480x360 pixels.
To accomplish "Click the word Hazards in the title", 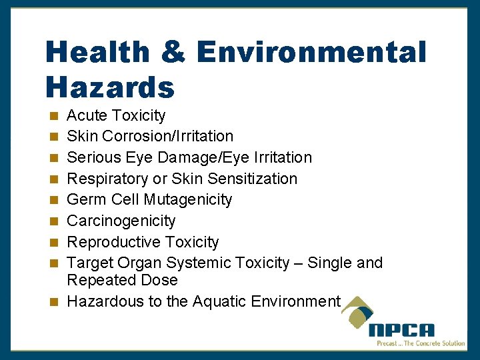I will (110, 87).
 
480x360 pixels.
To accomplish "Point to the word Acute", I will (87, 115).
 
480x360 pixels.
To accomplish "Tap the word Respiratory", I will (107, 179).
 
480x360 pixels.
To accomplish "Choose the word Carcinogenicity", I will (121, 221).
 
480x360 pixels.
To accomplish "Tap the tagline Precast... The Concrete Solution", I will (421, 343).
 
